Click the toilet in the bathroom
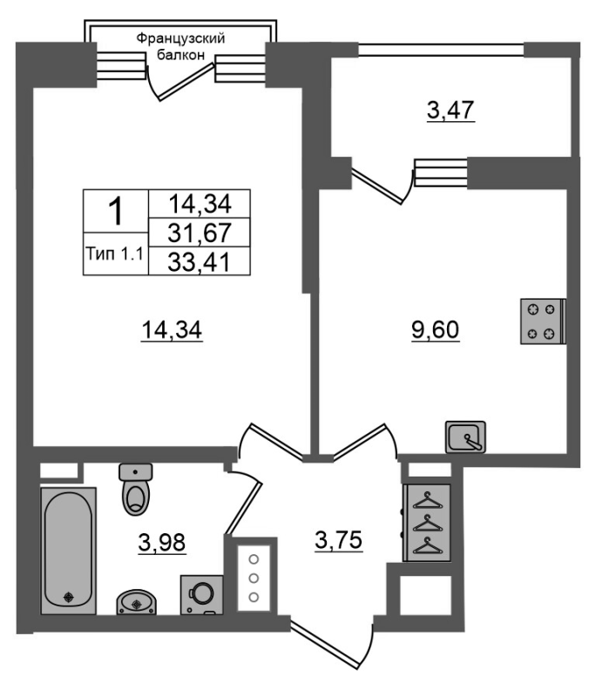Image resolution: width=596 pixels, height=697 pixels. (x=136, y=489)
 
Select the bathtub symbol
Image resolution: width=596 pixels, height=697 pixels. (x=69, y=552)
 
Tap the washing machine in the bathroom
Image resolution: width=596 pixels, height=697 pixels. (x=202, y=595)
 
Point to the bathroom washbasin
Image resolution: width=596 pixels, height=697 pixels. (x=137, y=603)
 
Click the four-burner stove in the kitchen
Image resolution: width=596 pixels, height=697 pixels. (x=543, y=321)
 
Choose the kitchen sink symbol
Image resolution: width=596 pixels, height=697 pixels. (x=465, y=437)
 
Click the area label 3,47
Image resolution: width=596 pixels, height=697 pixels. (x=450, y=111)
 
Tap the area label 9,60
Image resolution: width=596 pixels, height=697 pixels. (x=435, y=330)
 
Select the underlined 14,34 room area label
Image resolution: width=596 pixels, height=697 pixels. (x=172, y=330)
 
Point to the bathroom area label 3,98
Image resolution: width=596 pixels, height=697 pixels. (x=162, y=543)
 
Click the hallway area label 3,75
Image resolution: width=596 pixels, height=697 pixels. (x=339, y=540)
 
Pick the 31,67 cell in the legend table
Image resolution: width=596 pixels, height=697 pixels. (x=200, y=233)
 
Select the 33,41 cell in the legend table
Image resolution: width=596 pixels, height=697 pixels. (x=200, y=261)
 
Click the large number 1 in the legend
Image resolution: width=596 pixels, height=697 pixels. (x=116, y=212)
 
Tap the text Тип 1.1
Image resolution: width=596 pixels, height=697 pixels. (x=115, y=254)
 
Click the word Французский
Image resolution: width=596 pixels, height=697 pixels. (x=180, y=38)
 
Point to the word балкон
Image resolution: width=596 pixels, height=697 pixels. (x=181, y=55)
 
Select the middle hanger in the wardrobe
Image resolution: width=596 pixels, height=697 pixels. (x=428, y=523)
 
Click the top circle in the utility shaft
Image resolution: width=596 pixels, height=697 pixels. (x=254, y=559)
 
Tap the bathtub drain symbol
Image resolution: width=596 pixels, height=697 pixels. (x=69, y=598)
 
